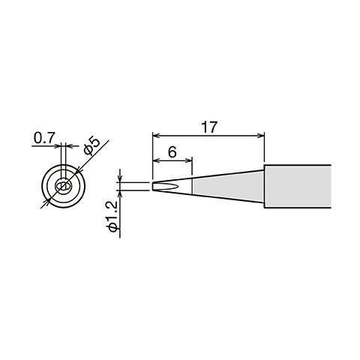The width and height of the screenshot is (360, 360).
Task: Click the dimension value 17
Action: pos(209,127)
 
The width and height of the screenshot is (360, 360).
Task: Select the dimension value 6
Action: pos(172,151)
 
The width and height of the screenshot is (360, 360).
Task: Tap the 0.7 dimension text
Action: pos(43,138)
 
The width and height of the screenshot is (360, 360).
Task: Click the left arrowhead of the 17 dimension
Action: pos(155,136)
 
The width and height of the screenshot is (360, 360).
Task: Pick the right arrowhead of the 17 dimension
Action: pos(262,136)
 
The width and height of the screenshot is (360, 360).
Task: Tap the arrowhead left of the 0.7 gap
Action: pos(59,146)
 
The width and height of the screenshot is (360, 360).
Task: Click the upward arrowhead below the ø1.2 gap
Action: pos(120,193)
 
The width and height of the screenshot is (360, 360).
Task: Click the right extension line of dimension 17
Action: pos(265,150)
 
